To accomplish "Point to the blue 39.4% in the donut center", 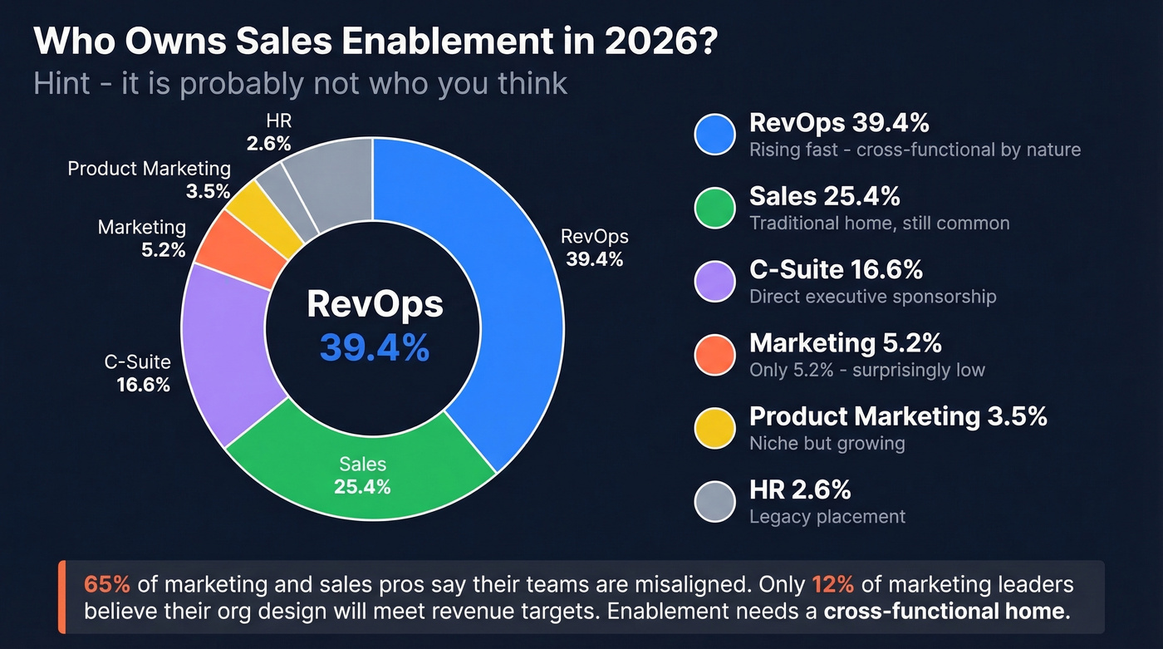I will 375,348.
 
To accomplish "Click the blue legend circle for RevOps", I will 714,135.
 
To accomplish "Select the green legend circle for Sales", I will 714,208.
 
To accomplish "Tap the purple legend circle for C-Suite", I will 714,281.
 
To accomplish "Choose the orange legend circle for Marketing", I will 714,354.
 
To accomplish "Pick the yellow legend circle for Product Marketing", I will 714,427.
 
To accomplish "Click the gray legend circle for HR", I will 714,500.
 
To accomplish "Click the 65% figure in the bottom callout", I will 107,584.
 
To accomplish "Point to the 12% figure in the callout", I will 832,584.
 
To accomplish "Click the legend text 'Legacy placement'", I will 827,516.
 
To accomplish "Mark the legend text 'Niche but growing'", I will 827,443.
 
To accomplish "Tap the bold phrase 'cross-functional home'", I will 944,612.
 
